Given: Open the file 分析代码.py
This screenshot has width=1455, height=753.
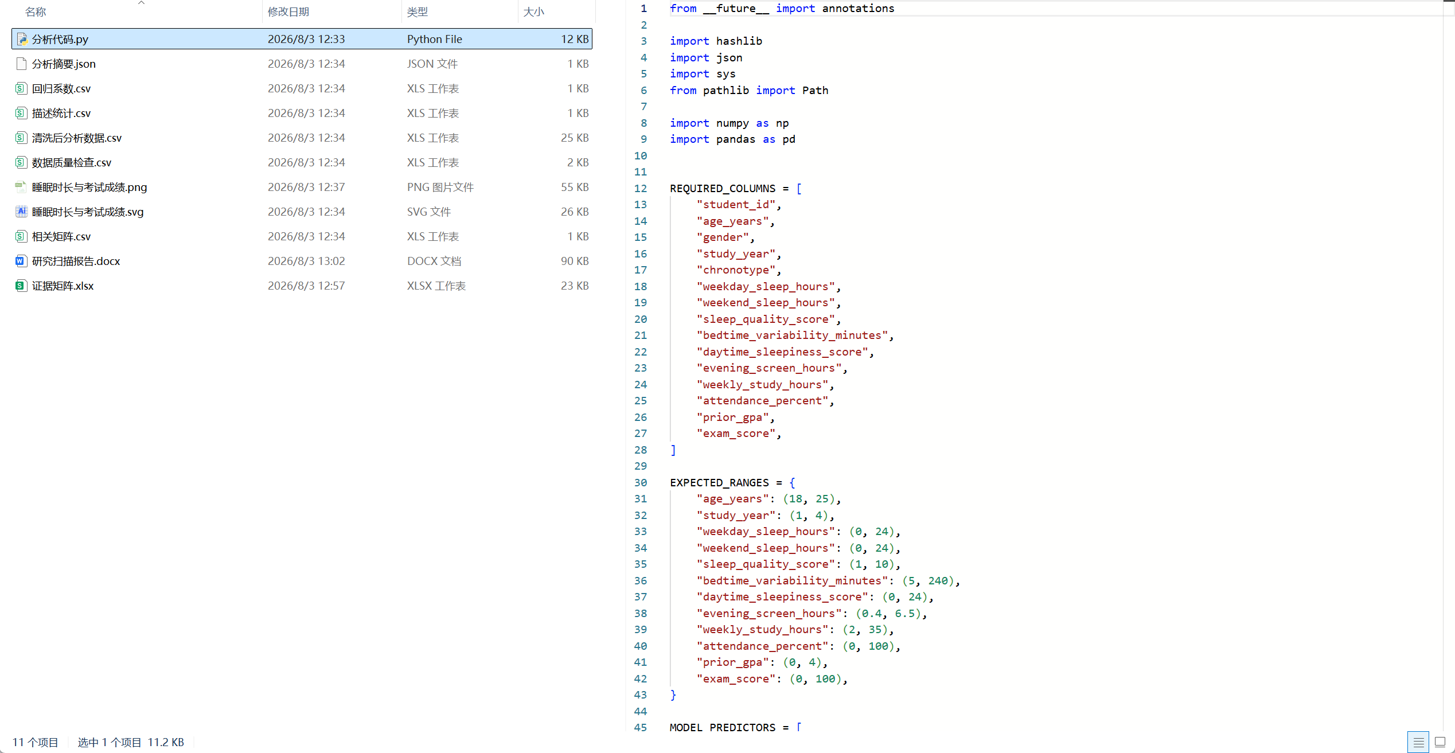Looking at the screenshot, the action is coord(60,39).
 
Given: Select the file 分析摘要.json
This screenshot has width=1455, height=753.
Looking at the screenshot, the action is coord(64,64).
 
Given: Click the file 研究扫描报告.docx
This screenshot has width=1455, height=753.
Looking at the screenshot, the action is coord(76,261).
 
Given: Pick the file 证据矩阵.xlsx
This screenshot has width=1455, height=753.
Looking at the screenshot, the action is coord(63,286).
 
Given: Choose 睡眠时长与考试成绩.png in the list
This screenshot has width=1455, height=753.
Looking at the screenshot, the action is coord(89,187).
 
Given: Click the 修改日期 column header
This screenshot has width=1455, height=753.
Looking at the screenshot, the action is coord(288,11).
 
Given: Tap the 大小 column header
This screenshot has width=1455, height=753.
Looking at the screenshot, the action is coord(533,11).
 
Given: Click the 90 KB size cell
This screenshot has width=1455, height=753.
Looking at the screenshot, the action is coord(575,261).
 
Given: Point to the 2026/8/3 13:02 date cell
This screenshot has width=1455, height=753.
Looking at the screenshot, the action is coord(306,261).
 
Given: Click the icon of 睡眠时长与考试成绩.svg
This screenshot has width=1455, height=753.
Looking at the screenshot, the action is coord(21,212).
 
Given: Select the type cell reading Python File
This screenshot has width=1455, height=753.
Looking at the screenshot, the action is coord(435,39).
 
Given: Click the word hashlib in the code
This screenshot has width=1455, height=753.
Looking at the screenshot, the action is coord(739,41).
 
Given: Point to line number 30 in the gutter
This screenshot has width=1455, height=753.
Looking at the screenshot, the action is coord(641,482).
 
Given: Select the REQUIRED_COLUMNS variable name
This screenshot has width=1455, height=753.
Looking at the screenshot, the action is coord(723,188).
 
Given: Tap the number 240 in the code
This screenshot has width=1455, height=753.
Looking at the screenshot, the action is coord(938,580).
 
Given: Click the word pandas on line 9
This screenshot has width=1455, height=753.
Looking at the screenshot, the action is coord(736,139).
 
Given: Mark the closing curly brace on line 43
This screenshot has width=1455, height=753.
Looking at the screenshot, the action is coord(673,695).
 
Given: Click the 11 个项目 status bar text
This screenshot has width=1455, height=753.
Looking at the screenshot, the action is coord(36,742).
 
